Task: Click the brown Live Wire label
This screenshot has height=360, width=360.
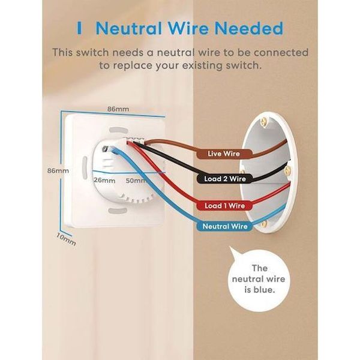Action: click(223, 154)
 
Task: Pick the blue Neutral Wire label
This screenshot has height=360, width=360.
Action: click(225, 226)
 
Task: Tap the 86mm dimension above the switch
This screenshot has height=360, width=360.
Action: click(116, 109)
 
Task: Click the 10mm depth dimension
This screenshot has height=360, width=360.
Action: click(65, 239)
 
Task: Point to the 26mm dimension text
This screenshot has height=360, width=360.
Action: click(104, 179)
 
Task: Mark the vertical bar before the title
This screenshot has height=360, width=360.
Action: click(80, 28)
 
